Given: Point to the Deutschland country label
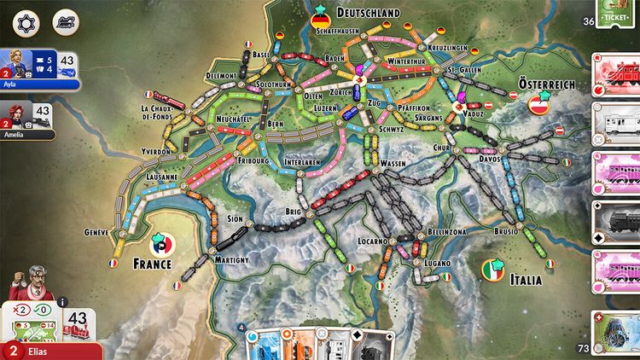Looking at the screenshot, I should [368, 13].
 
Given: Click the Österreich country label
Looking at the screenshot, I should [546, 84].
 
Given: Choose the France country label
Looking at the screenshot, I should [152, 264].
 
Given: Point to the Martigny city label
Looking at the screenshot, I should [232, 259].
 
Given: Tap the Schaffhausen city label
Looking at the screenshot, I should [335, 31].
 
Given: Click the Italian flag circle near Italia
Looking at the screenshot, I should [492, 270].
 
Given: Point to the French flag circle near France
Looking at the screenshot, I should [161, 243].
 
